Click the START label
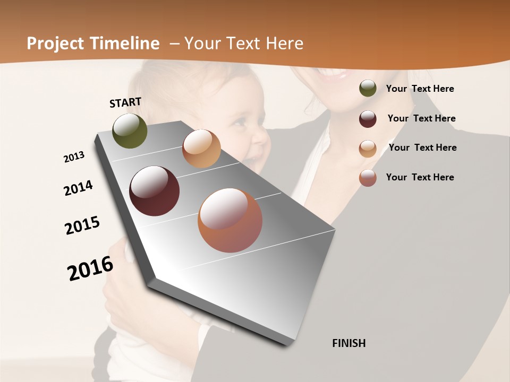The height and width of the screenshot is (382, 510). click(x=125, y=102)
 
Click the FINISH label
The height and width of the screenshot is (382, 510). click(x=348, y=343)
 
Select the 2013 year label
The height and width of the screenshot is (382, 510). click(x=74, y=157)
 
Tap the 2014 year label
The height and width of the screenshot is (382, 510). click(x=78, y=188)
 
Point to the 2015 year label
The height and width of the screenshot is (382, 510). click(x=82, y=225)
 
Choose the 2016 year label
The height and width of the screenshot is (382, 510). click(x=90, y=268)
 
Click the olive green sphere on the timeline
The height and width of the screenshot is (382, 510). click(x=130, y=131)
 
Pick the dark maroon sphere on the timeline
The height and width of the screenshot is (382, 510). click(x=154, y=191)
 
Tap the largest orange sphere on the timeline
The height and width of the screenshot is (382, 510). click(x=229, y=220)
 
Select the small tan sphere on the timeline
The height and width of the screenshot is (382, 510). click(x=201, y=149)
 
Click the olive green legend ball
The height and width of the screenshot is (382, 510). click(x=368, y=89)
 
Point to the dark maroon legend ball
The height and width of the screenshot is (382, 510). click(x=368, y=119)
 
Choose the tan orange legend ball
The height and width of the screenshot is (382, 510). click(x=368, y=149)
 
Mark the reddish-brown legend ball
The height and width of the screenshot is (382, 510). click(x=368, y=178)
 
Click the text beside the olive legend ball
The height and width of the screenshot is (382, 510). click(x=420, y=89)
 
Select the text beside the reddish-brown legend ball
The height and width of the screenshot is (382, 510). click(x=420, y=177)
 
